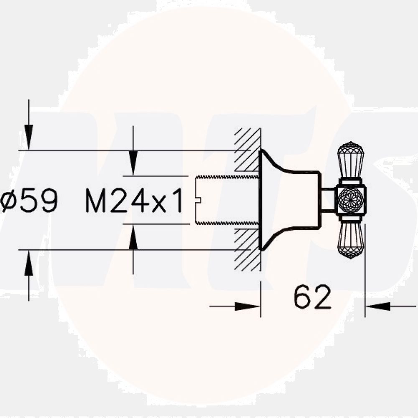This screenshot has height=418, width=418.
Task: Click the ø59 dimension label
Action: (28, 201)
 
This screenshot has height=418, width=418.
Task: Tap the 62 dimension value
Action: (312, 298)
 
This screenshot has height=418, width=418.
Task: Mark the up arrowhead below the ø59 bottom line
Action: (28, 263)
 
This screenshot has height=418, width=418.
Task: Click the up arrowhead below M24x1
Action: (133, 238)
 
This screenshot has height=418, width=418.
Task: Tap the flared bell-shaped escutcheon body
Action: (284, 200)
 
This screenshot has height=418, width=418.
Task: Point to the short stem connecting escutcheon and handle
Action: (328, 200)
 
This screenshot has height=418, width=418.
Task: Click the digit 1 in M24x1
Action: (178, 201)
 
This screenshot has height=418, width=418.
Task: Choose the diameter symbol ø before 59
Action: (8, 201)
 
